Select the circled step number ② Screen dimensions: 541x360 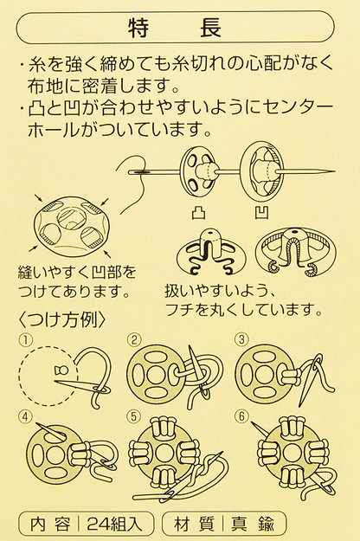[x=134, y=339]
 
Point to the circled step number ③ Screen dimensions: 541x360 [x=241, y=339]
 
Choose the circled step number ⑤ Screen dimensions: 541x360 [x=134, y=415]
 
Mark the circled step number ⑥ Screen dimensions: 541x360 [x=241, y=415]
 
